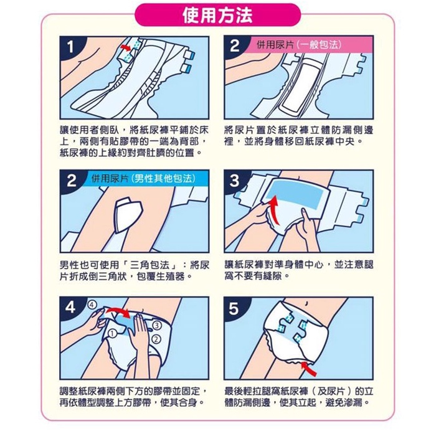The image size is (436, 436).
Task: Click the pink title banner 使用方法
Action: (x=218, y=15)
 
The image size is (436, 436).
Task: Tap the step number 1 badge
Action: (x=70, y=47)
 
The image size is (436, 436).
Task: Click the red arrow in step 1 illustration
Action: (x=126, y=47)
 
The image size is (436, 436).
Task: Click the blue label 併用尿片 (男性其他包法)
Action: (x=143, y=178)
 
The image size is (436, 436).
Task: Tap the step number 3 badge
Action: (x=234, y=181)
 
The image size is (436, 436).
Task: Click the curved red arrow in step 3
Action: (x=275, y=209)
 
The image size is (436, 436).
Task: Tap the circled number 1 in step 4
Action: (x=112, y=333)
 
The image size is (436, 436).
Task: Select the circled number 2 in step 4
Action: (x=156, y=339)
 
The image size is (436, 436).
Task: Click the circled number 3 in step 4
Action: (x=157, y=325)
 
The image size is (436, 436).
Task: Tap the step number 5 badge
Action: (x=234, y=308)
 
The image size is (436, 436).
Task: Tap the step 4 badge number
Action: (x=70, y=308)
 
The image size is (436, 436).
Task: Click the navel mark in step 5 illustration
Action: (x=306, y=303)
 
